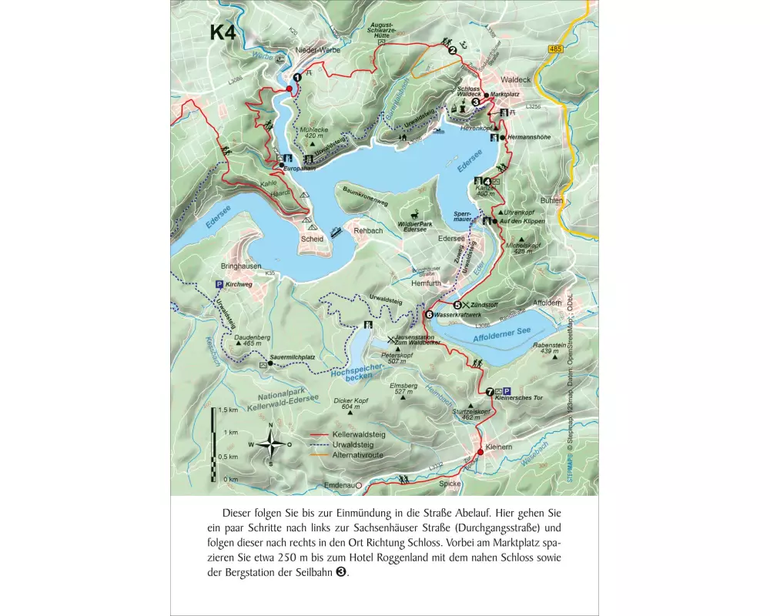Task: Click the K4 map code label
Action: click(223, 33)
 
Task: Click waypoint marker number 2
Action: click(453, 51)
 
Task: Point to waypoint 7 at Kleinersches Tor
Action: click(490, 392)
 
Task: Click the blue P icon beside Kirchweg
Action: click(219, 284)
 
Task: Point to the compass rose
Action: click(270, 444)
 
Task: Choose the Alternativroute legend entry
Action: click(357, 455)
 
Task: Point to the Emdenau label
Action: click(338, 485)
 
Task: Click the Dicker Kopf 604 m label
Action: click(351, 403)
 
